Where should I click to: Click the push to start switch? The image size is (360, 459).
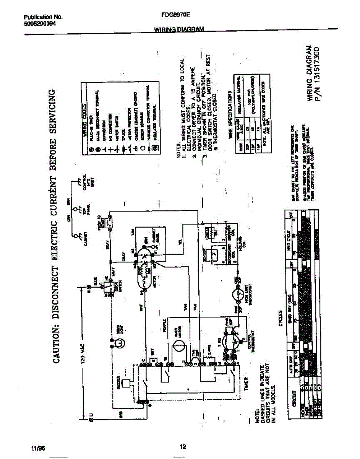pyautogui.click(x=110, y=222)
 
